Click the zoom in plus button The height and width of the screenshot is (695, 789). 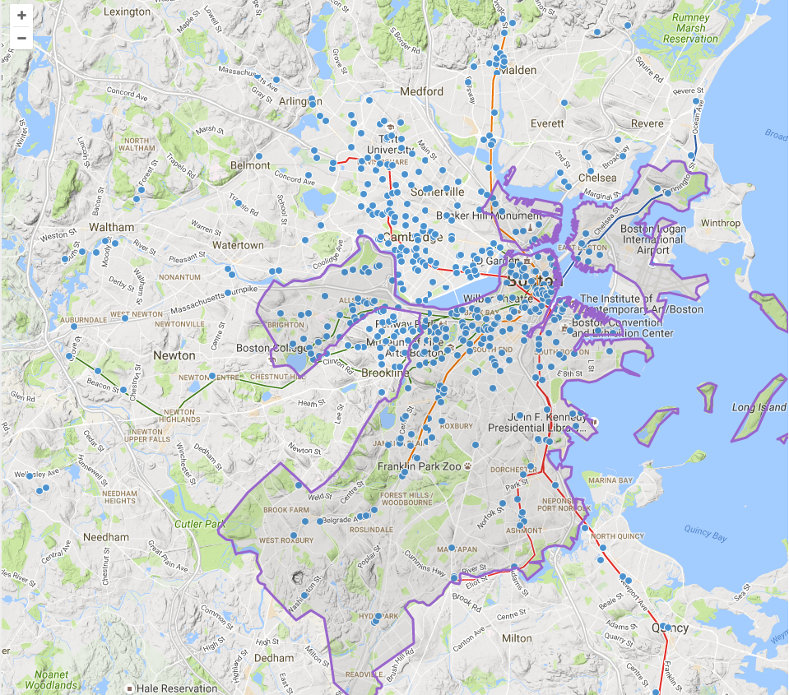21,16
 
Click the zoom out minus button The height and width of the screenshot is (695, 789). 21,38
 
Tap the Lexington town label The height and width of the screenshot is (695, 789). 128,12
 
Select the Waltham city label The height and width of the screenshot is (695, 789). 110,227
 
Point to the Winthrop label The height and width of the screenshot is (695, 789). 720,223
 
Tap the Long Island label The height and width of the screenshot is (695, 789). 759,407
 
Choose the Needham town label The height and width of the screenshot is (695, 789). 106,537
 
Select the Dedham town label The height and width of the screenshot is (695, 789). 273,658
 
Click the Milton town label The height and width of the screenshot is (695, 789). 517,638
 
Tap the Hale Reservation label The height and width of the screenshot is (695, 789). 177,688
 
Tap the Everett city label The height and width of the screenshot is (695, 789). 547,123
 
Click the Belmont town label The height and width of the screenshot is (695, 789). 250,165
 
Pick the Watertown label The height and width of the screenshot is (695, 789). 238,245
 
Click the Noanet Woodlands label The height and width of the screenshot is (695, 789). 52,679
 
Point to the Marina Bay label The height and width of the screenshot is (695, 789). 610,480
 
